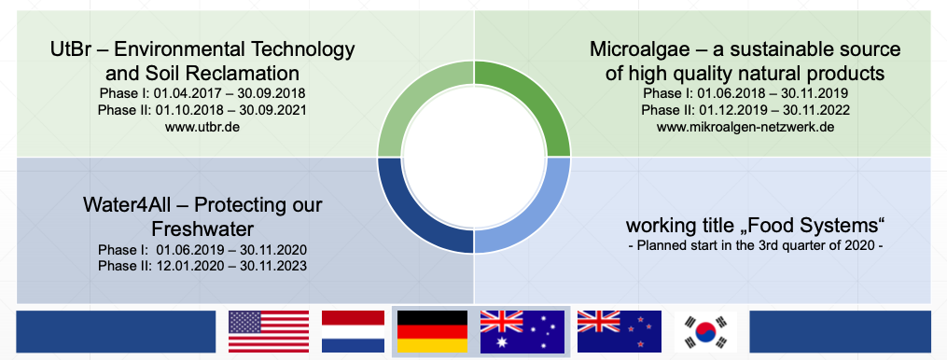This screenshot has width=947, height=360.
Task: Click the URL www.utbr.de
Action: (x=202, y=128)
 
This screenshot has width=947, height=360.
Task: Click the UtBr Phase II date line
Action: (x=202, y=111)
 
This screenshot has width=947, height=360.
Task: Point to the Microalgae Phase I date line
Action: (x=745, y=94)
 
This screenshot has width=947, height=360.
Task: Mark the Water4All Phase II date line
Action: (x=202, y=267)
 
